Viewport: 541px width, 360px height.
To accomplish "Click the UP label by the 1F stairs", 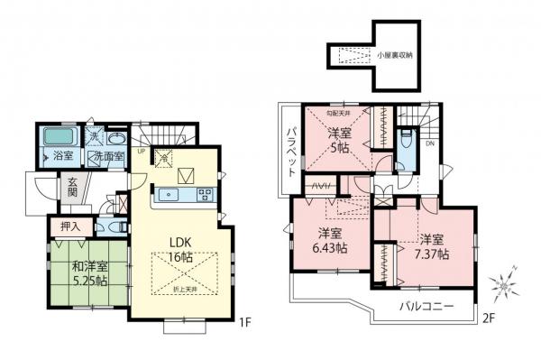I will click(x=141, y=152).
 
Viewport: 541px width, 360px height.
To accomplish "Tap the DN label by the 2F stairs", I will click(x=430, y=143).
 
